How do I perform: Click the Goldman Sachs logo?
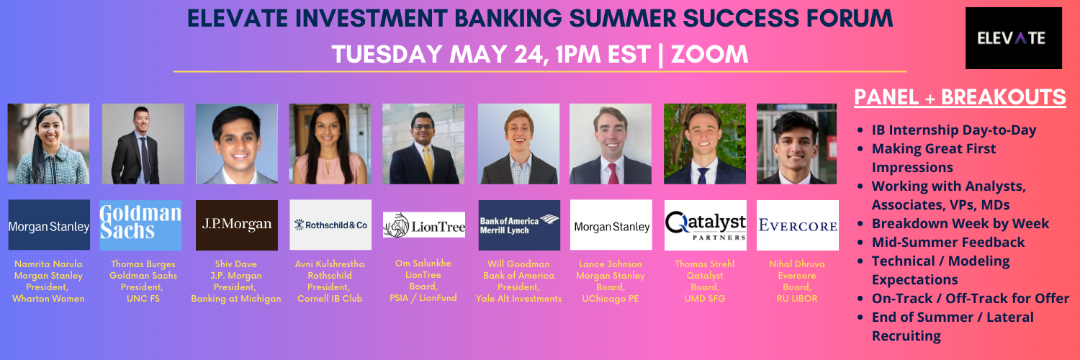point(141,225)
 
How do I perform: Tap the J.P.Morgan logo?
point(237,225)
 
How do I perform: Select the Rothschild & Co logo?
point(330,225)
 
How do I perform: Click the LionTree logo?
point(424,225)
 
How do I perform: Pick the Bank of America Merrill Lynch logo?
point(519,225)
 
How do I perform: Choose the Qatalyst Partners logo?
point(706,225)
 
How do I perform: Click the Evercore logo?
point(798,225)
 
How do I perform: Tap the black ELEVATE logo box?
point(1014,38)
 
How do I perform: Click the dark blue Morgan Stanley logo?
point(49,225)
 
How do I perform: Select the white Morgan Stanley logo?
point(611,225)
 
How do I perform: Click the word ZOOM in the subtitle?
point(710,54)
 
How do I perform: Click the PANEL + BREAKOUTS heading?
point(960,97)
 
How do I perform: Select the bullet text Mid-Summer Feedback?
point(948,242)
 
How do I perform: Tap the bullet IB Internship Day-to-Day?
point(954,130)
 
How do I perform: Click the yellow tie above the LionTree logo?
point(428,164)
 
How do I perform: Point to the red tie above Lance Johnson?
point(612,174)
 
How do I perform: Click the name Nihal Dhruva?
point(797,264)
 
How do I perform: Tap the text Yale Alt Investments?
point(519,299)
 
